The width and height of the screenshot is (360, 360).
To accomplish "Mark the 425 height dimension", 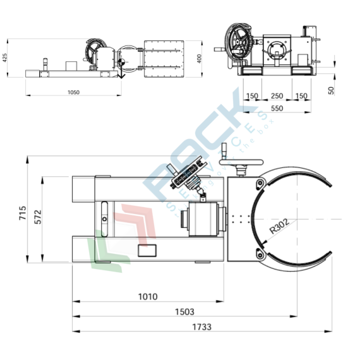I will pyautogui.click(x=6, y=57).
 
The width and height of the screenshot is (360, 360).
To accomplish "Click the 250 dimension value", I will pyautogui.click(x=276, y=96).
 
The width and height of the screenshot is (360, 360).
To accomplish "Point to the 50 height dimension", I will pyautogui.click(x=331, y=90).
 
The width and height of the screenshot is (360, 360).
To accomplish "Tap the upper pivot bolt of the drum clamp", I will pyautogui.click(x=258, y=183).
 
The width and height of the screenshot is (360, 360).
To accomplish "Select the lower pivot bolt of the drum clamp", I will pyautogui.click(x=258, y=254).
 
